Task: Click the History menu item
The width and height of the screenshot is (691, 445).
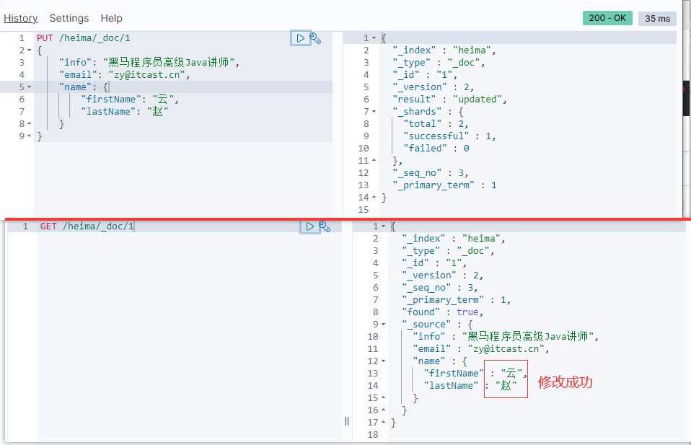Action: pyautogui.click(x=20, y=18)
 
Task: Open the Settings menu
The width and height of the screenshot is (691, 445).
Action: pyautogui.click(x=69, y=18)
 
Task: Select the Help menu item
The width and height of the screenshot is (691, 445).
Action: pyautogui.click(x=112, y=18)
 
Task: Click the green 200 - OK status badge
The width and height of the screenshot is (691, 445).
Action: pyautogui.click(x=607, y=18)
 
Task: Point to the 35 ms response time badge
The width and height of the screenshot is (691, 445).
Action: pyautogui.click(x=657, y=18)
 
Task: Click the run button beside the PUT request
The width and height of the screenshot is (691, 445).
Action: pyautogui.click(x=300, y=38)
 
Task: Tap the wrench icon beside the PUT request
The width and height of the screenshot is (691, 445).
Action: pyautogui.click(x=315, y=38)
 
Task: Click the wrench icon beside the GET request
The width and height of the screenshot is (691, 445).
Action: pyautogui.click(x=325, y=226)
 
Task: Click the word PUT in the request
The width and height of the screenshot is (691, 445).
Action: pyautogui.click(x=45, y=38)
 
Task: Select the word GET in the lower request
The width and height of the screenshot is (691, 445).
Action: pyautogui.click(x=48, y=226)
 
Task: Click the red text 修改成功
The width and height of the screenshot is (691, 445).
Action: pyautogui.click(x=565, y=382)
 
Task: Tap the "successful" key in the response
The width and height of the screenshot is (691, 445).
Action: pyautogui.click(x=436, y=136)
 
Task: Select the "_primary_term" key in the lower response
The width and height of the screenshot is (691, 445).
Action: pyautogui.click(x=441, y=299)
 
